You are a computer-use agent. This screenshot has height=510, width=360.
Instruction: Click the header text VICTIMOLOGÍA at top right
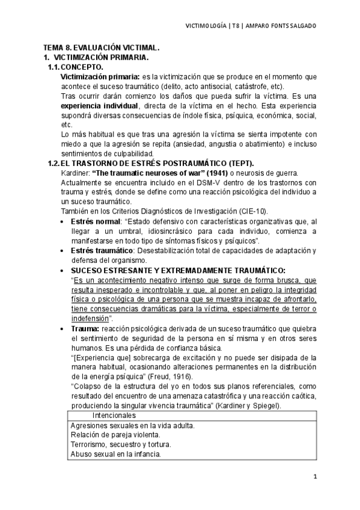point(205,26)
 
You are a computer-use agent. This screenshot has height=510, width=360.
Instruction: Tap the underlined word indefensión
point(90,319)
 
